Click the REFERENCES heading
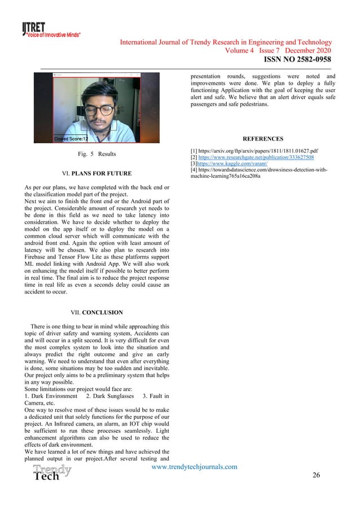pyautogui.click(x=262, y=139)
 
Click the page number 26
pyautogui.click(x=316, y=475)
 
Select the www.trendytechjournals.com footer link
pyautogui.click(x=195, y=467)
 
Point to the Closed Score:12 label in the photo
pyautogui.click(x=71, y=138)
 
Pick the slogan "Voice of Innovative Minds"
pyautogui.click(x=52, y=35)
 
